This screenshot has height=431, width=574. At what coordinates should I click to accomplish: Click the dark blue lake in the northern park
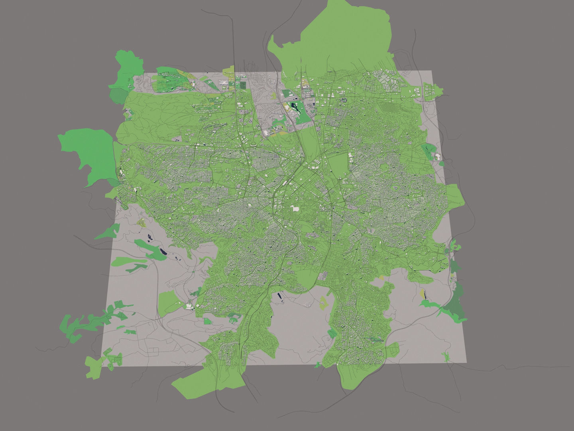(x=295, y=107)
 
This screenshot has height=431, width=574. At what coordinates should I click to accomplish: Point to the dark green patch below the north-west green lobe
(x=117, y=96)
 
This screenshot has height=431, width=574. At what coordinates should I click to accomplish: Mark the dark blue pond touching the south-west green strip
(x=163, y=252)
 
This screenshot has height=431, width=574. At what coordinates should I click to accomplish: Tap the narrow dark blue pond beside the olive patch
(x=424, y=295)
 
